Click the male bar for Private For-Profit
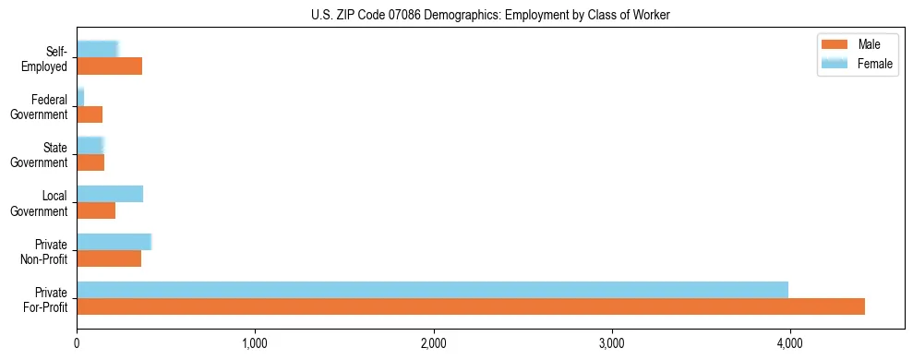(471, 306)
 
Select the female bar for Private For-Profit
(432, 290)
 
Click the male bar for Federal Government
(90, 114)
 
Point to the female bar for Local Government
(110, 194)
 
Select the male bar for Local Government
(96, 210)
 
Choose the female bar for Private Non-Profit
(114, 242)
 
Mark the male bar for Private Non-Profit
(109, 258)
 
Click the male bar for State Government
(90, 162)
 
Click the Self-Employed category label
(47, 58)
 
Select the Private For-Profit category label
(47, 299)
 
